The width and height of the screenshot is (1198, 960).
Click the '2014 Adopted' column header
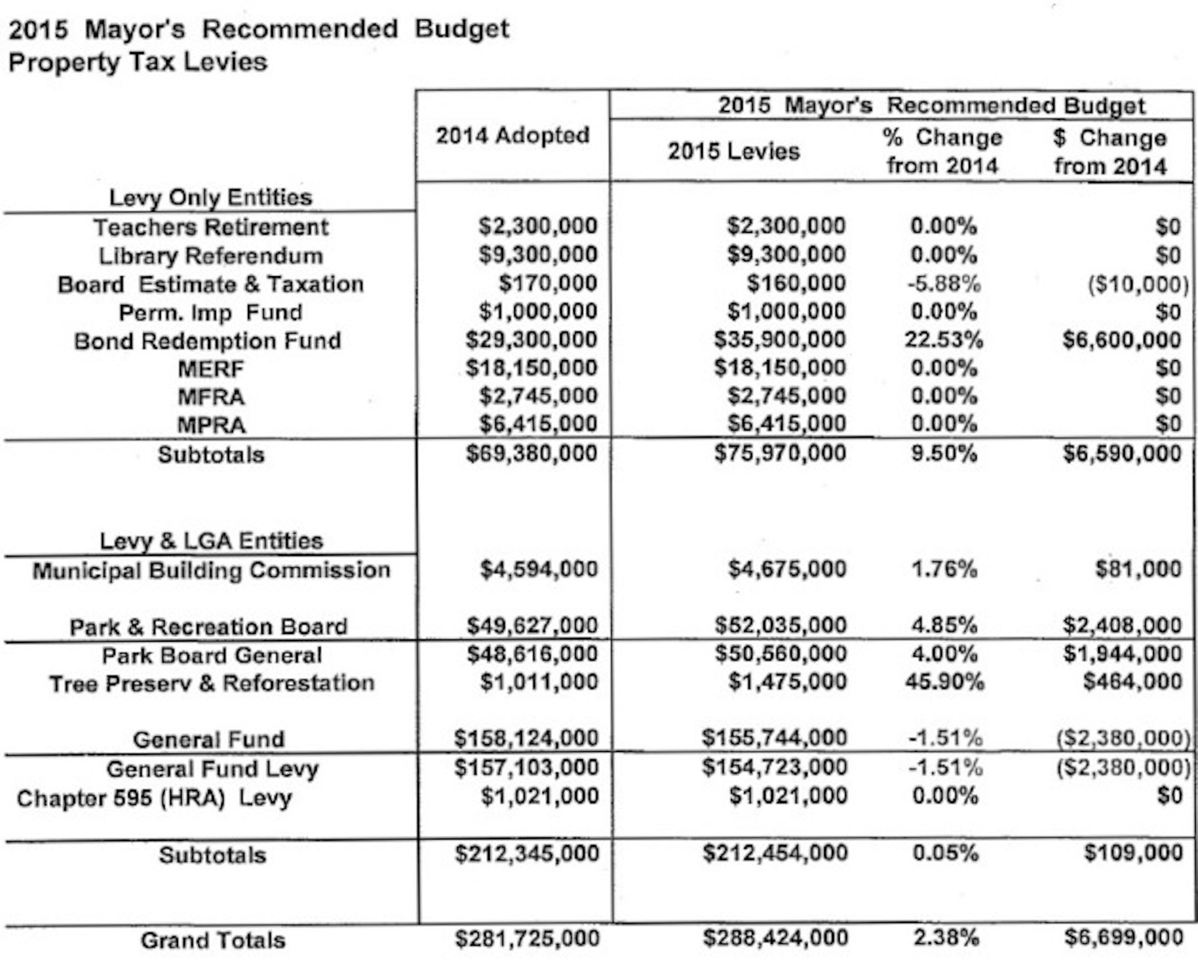tap(512, 135)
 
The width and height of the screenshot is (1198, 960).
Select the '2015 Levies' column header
tap(733, 151)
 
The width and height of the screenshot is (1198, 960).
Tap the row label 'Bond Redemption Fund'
tap(207, 341)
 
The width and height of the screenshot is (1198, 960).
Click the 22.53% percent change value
tap(943, 339)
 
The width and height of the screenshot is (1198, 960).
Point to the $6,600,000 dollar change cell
tap(1121, 340)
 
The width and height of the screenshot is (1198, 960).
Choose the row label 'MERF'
tap(211, 369)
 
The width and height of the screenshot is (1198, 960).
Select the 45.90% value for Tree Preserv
tap(944, 682)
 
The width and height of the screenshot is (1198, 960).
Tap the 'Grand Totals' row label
tap(213, 940)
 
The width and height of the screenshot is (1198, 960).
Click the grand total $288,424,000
tap(775, 938)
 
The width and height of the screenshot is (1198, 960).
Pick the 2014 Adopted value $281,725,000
tap(527, 938)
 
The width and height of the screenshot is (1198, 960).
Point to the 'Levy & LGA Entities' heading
tap(211, 541)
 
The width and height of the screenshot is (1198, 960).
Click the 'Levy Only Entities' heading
tap(211, 197)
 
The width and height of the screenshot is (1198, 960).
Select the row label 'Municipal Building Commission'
tap(211, 571)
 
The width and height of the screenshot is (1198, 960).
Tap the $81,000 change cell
tap(1138, 569)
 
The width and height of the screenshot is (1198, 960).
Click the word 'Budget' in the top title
tap(462, 29)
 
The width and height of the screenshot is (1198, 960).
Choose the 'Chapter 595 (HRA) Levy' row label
tap(154, 798)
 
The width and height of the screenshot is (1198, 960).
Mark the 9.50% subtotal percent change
tap(943, 453)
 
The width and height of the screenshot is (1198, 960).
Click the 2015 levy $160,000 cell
tap(796, 283)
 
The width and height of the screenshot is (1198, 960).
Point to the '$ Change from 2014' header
tap(1110, 151)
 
